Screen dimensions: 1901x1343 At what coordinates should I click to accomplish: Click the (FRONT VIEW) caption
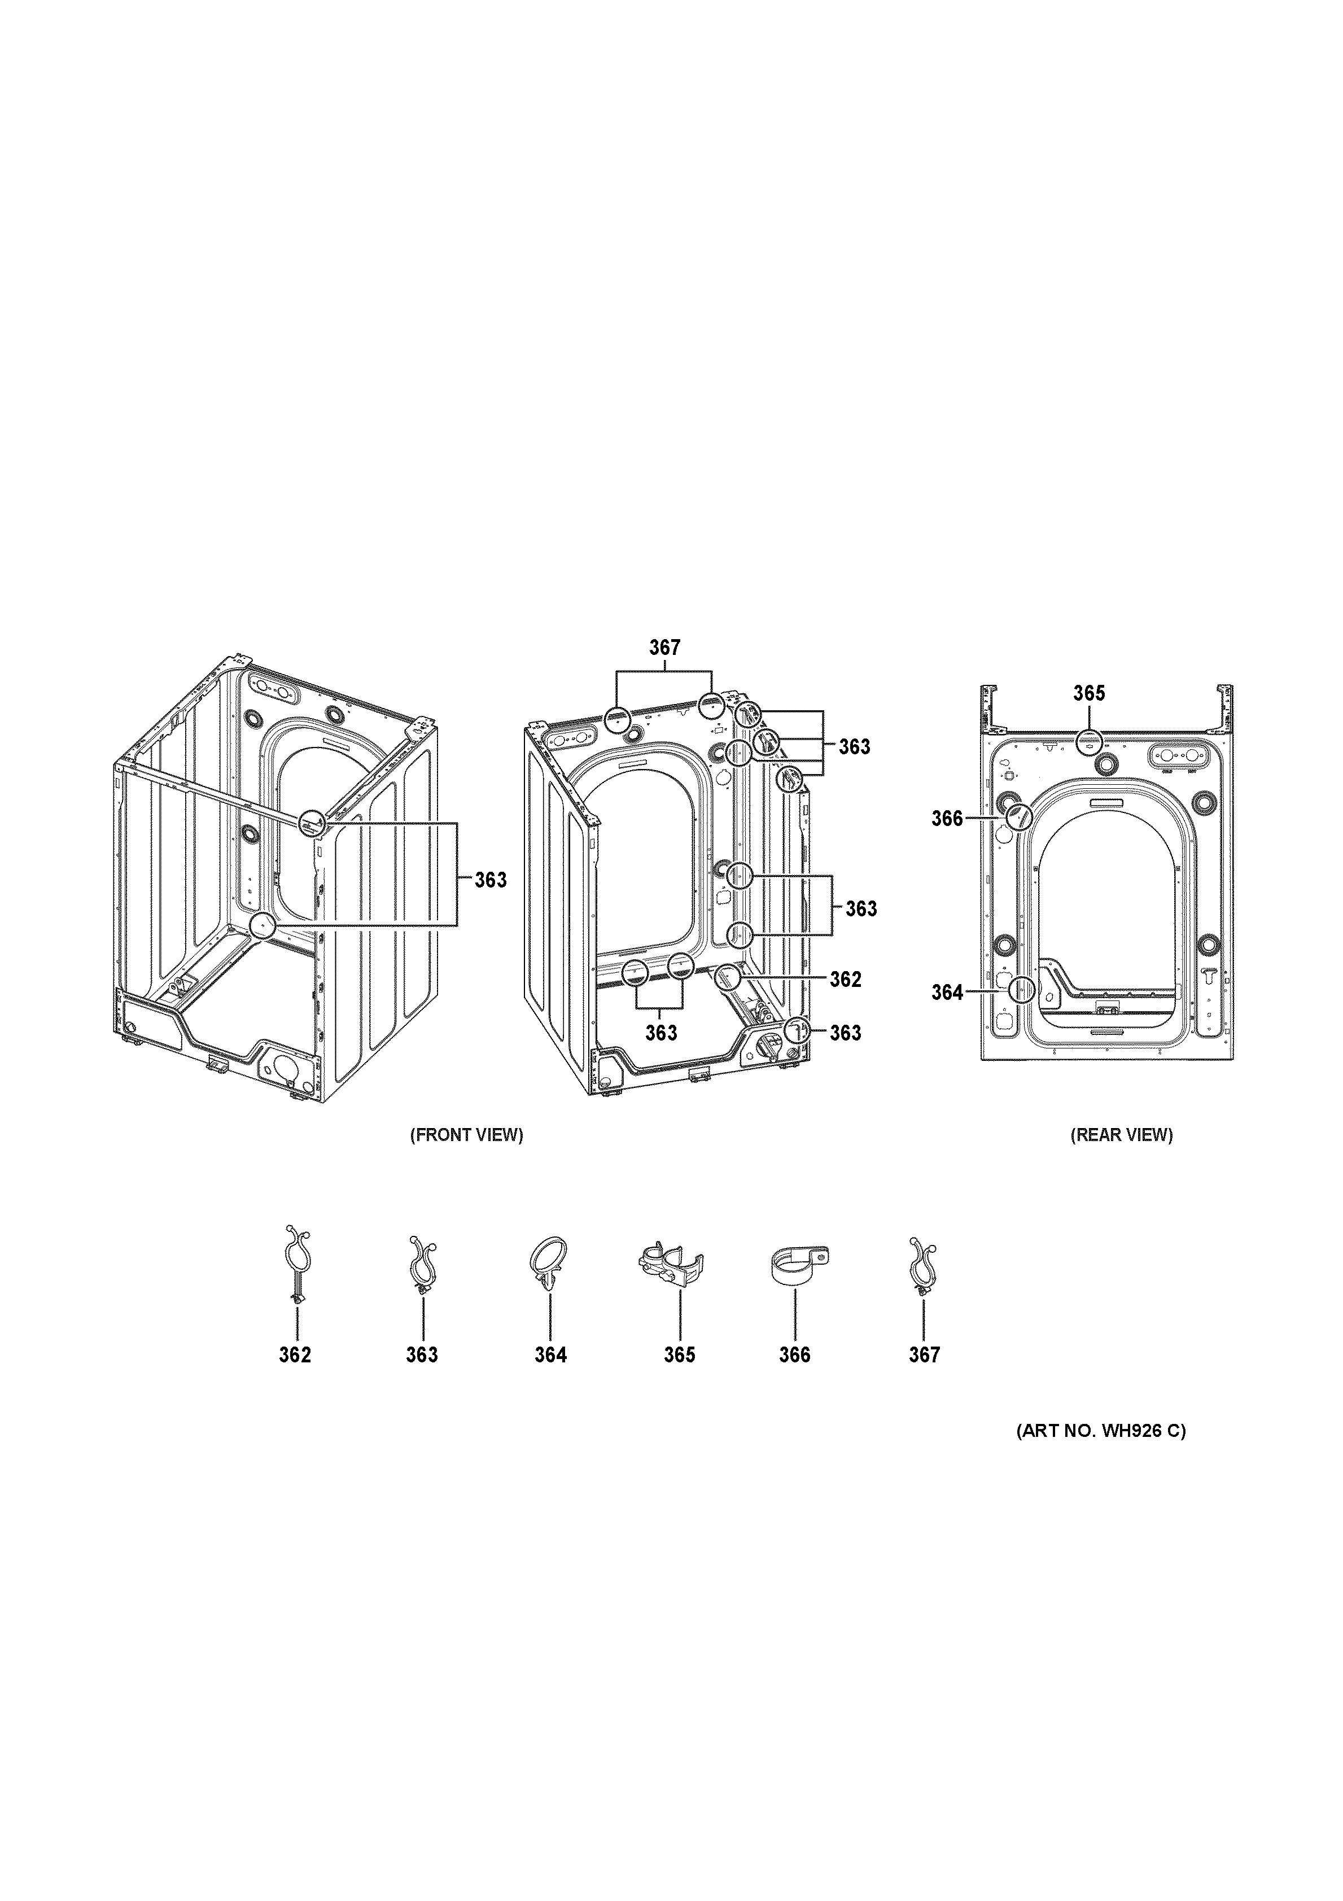467,1135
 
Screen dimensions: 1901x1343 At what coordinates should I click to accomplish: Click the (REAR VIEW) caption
1121,1135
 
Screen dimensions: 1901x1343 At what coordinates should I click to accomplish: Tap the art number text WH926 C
1100,1431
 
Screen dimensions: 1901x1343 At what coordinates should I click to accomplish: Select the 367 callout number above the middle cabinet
664,648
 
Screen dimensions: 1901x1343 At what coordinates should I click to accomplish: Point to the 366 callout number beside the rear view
947,819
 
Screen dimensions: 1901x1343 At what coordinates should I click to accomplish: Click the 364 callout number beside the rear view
947,992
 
